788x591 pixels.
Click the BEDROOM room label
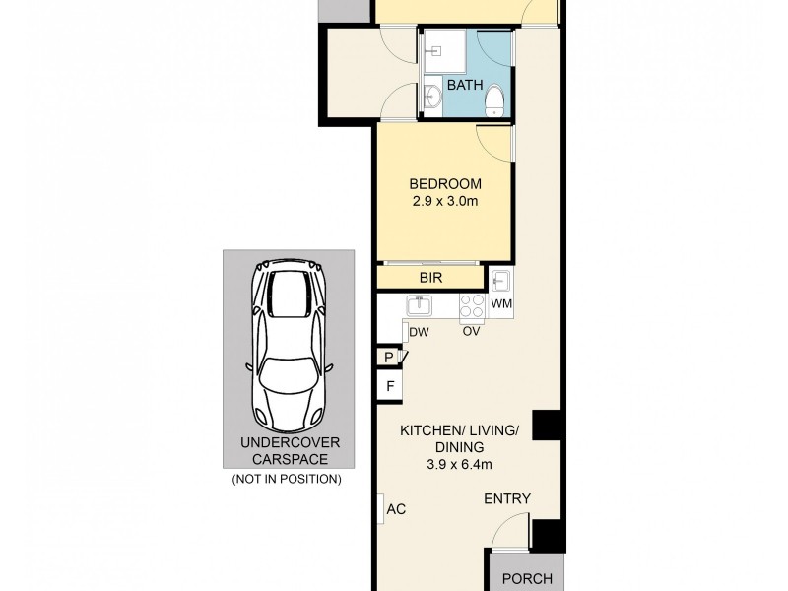coord(445,184)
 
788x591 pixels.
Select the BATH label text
coord(465,86)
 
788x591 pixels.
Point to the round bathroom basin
coord(433,97)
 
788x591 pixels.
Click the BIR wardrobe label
coord(430,279)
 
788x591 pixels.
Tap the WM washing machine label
coord(500,303)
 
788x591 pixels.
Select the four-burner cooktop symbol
coord(471,306)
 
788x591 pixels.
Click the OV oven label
coord(472,331)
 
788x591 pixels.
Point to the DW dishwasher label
coord(418,331)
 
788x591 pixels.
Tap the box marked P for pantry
coord(389,357)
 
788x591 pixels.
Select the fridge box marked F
coord(390,385)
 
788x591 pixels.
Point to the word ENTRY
coord(507,499)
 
